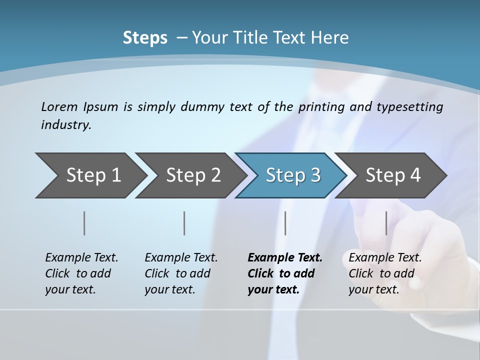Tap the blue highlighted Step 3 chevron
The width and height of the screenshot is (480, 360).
tap(293, 175)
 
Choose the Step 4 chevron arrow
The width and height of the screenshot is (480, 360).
tap(393, 175)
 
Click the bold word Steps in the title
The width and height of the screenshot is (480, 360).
tap(145, 38)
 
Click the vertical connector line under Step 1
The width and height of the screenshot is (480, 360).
tap(84, 223)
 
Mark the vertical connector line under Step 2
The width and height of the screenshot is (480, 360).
tap(184, 223)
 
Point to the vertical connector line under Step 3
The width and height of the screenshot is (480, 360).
tap(285, 223)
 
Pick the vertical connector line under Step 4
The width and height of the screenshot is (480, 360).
tap(386, 223)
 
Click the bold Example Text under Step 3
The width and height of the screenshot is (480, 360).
tap(285, 257)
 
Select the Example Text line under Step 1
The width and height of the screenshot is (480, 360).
tap(81, 257)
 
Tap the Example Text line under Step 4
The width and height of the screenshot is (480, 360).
tap(385, 257)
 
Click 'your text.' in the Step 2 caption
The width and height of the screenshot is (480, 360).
tap(170, 289)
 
